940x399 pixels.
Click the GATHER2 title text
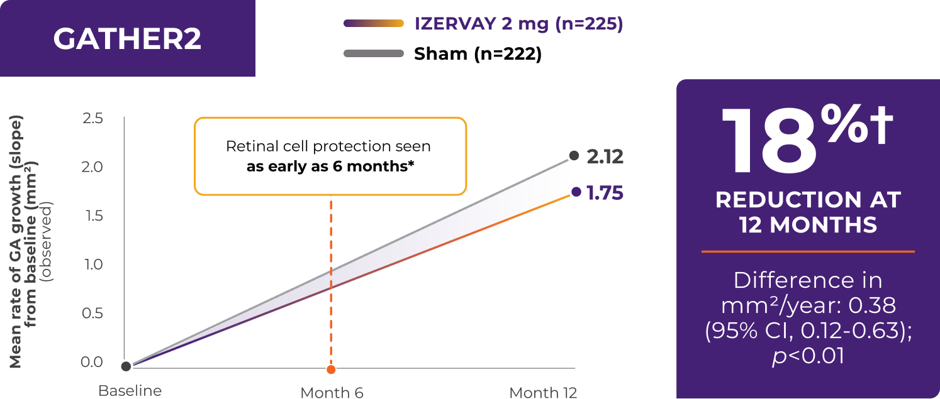127,39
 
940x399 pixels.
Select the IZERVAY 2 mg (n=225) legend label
518,24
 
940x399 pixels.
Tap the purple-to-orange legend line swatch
373,24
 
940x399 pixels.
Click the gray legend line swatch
373,53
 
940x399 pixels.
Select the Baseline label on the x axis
130,391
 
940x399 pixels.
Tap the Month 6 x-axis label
332,393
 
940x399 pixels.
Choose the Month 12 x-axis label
542,393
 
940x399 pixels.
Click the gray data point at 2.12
574,155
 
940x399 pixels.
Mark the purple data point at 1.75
575,192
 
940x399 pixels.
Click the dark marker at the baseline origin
126,366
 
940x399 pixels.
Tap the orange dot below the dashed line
331,369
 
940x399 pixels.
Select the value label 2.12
605,156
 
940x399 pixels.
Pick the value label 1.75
605,193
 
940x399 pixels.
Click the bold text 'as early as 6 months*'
330,168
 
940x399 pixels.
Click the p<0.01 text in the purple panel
808,356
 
